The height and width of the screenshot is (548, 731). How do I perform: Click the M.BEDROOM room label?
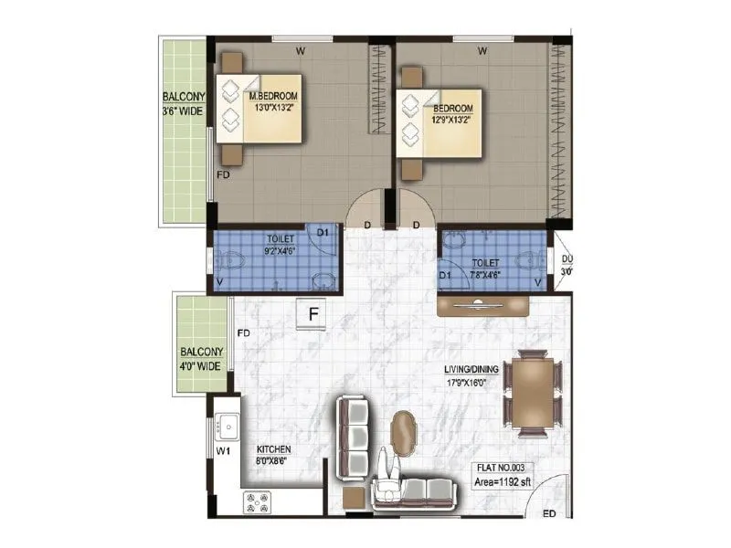coord(273,96)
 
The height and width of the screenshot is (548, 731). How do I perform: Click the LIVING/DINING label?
coord(471,369)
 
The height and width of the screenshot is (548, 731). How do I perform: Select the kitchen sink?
coord(226,427)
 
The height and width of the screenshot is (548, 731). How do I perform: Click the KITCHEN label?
coord(273,449)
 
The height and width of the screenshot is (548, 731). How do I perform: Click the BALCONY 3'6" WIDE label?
coord(183,104)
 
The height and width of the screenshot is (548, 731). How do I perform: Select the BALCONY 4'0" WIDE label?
coord(200,358)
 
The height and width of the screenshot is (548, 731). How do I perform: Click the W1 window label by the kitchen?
coord(223,451)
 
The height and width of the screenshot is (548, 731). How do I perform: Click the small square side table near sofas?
coord(354,499)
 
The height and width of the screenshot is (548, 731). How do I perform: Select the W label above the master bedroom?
coord(301,49)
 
